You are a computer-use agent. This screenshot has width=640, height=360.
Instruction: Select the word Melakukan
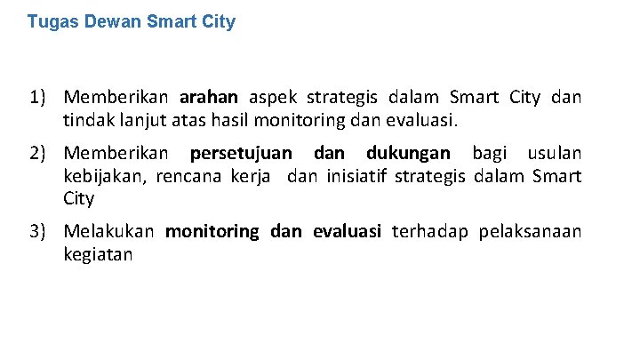(x=109, y=233)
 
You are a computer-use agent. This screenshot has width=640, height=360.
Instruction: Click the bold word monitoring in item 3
(x=212, y=233)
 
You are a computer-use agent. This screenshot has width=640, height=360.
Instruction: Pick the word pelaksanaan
(x=530, y=233)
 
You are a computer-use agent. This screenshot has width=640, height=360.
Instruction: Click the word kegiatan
(x=98, y=256)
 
